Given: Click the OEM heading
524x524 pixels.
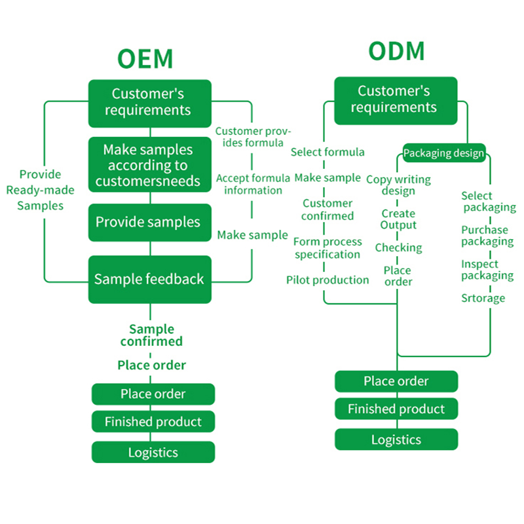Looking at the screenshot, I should (x=145, y=58).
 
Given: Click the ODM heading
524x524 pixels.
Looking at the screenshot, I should (x=396, y=51).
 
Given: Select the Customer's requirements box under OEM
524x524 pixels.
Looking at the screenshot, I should (x=150, y=102).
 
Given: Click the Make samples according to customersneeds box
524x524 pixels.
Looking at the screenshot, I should (x=150, y=165).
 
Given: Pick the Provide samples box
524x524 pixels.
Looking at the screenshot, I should (x=150, y=222).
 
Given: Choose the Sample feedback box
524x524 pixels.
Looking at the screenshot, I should (x=150, y=279).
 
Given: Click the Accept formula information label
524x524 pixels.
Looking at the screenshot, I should (x=253, y=184).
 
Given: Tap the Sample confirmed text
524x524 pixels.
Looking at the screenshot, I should (x=151, y=335).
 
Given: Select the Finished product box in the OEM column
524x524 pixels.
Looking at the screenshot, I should (x=153, y=422).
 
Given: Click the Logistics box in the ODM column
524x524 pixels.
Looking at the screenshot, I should (x=396, y=440).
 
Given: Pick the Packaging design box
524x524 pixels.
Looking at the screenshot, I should (x=443, y=153).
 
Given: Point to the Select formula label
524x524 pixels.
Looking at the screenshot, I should (x=327, y=152).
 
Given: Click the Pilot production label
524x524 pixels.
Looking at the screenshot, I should (x=327, y=280).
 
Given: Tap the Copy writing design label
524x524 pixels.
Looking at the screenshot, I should (x=398, y=185).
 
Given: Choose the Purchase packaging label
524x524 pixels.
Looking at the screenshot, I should (x=487, y=236).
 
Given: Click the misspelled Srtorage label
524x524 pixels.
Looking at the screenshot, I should (x=483, y=298).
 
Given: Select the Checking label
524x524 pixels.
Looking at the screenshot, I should (x=398, y=248).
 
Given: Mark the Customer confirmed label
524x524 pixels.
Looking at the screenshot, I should (x=327, y=210).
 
